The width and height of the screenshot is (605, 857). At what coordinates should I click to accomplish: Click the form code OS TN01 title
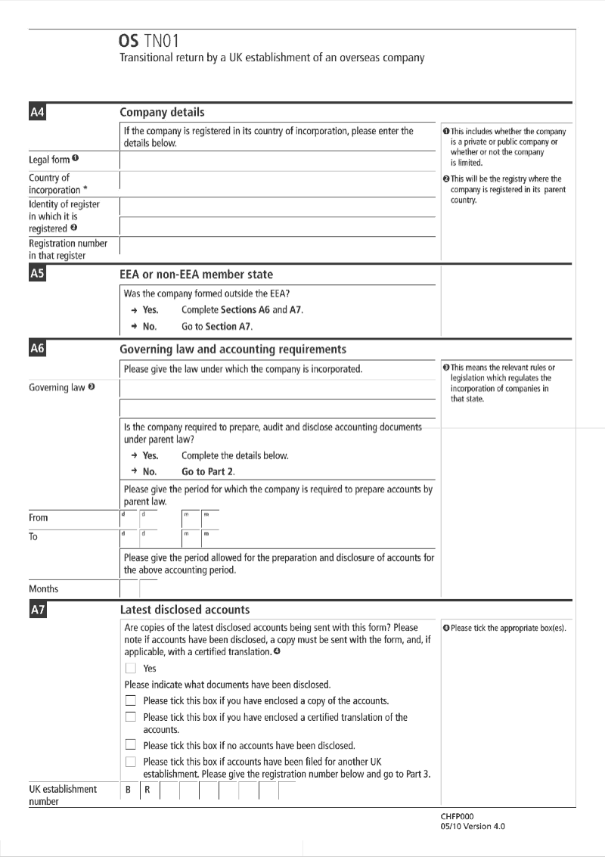pos(150,41)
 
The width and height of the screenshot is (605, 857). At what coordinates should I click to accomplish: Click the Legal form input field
pos(278,160)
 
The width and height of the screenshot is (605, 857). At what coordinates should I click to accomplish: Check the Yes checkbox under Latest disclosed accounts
pos(131,669)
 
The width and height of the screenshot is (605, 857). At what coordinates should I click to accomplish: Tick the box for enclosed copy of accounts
pos(131,700)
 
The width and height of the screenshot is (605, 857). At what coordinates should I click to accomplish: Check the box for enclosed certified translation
pos(131,717)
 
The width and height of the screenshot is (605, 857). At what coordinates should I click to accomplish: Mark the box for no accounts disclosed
pos(131,745)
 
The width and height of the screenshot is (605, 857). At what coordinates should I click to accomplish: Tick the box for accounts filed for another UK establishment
pos(131,762)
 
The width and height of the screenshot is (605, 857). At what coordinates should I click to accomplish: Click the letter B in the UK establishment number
pos(129,790)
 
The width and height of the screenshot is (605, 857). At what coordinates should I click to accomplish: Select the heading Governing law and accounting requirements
pos(233,349)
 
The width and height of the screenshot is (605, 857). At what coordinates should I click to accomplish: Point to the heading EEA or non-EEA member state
pos(197,275)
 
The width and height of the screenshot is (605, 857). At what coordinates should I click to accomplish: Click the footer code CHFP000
pos(457,817)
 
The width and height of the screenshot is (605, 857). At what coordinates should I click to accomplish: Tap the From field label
pos(39,518)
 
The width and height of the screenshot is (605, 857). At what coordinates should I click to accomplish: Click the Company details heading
pos(162,113)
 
